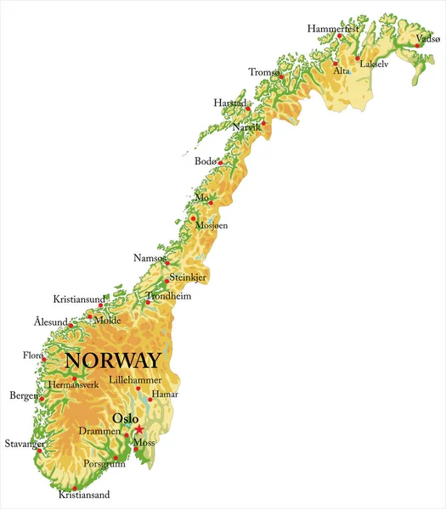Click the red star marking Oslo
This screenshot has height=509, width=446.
point(139,429)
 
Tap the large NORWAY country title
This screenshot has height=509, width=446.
point(112,361)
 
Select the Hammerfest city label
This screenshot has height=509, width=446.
point(333,28)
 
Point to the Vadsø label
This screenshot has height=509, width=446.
point(427,39)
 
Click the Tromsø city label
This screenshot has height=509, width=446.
point(264,72)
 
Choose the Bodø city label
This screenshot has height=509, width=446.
point(206,160)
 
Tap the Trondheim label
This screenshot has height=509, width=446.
point(169,296)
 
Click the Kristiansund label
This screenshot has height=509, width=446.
point(79,299)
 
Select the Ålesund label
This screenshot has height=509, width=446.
point(50,322)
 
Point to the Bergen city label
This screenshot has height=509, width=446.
point(23,396)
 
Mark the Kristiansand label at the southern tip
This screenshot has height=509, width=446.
point(83,495)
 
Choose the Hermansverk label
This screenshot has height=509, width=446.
point(73,384)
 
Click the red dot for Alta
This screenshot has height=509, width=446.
point(336,63)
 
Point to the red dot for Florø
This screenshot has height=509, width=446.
point(43,359)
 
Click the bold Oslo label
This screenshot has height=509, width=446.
point(126,417)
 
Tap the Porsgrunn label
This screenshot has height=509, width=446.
point(106,464)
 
